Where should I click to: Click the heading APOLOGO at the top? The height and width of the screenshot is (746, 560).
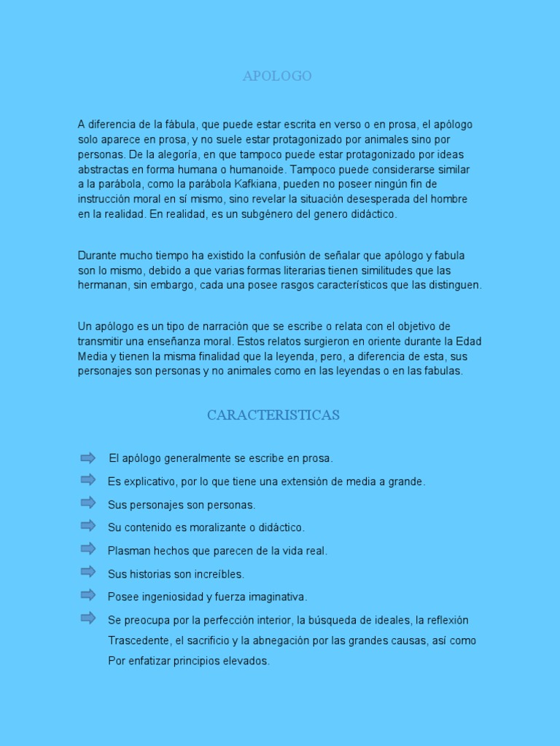pos(277,76)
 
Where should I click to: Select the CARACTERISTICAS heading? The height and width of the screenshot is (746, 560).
pos(273,415)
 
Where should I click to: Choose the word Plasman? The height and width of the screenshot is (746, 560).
pos(128,551)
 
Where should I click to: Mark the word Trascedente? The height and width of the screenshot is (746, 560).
pos(138,641)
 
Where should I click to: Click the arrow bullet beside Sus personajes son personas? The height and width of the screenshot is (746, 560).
pos(88,503)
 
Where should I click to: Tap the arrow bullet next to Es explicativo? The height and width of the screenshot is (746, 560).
pos(88,479)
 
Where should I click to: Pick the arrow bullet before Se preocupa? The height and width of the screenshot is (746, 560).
pos(88,619)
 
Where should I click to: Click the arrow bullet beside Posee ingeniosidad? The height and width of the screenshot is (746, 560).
pos(88,595)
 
